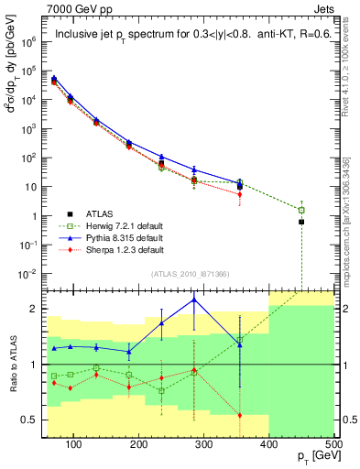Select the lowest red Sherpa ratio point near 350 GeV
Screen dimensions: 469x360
(240, 415)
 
